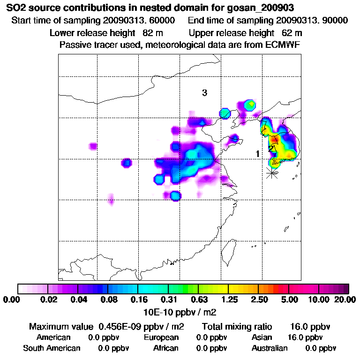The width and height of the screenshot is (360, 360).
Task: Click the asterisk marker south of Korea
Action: [x=271, y=172]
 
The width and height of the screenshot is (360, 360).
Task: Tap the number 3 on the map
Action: [x=204, y=93]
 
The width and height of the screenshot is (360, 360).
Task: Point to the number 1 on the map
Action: [x=257, y=154]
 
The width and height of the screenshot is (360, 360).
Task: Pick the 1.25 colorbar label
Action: [x=228, y=300]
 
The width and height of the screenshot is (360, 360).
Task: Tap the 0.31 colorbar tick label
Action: [x=168, y=300]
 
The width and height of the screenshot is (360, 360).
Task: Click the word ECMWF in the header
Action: [x=283, y=45]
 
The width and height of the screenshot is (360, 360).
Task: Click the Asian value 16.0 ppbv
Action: [x=305, y=337]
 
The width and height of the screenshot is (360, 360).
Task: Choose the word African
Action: [x=165, y=348]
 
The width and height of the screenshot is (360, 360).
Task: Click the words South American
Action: [x=52, y=348]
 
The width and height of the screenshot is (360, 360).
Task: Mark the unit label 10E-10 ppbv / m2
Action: [x=180, y=312]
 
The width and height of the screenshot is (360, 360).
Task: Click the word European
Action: [x=161, y=337]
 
